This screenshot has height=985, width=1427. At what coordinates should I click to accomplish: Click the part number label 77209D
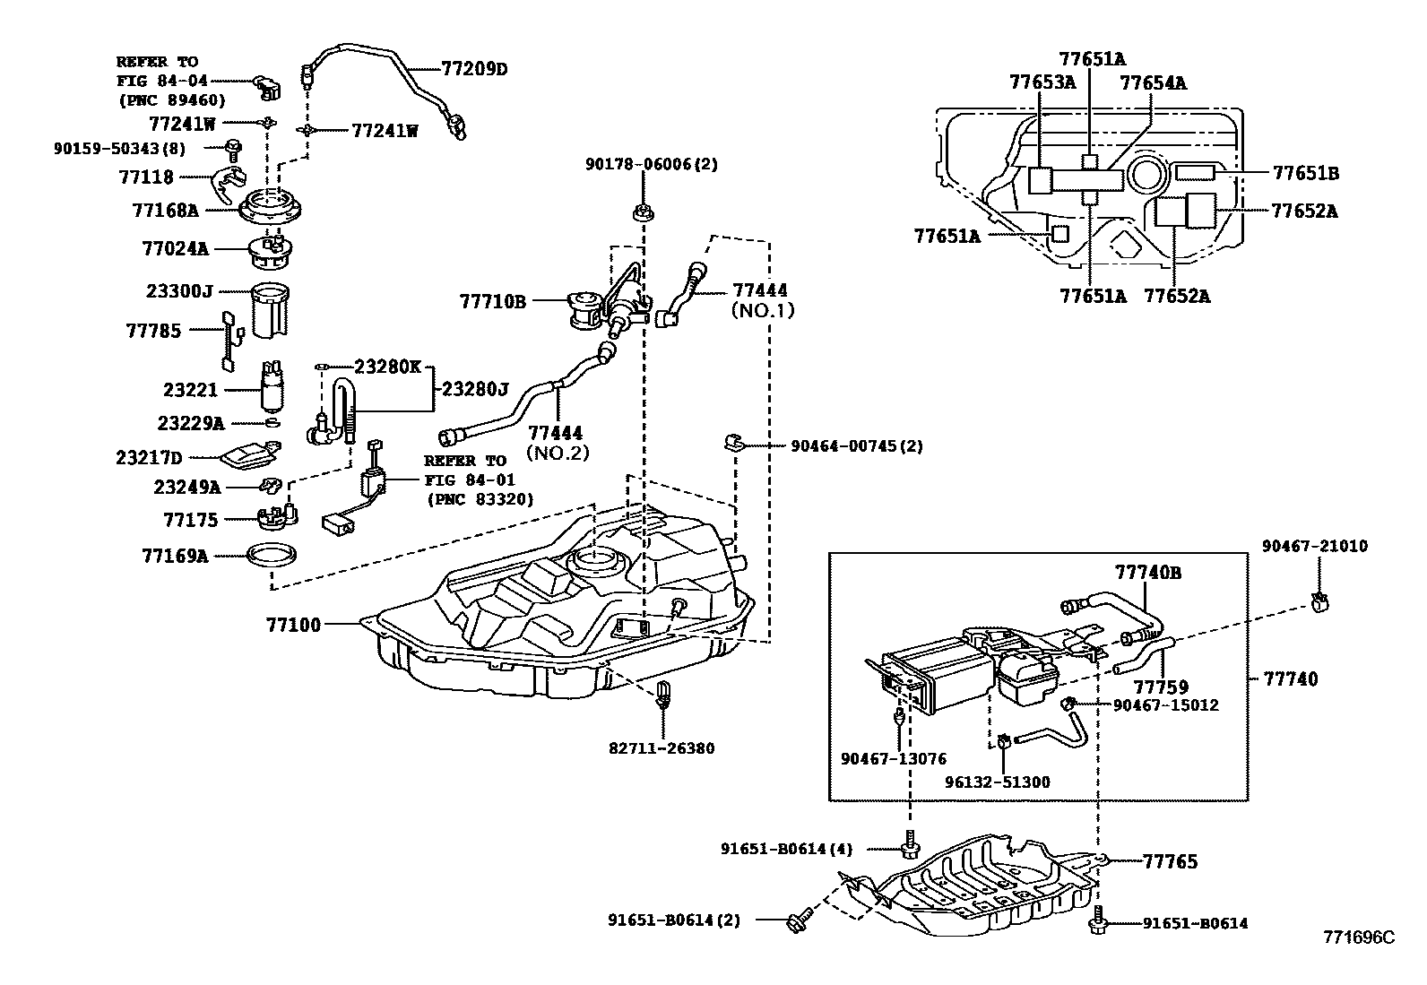coord(474,68)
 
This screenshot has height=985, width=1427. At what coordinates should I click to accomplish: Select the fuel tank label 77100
coord(292,624)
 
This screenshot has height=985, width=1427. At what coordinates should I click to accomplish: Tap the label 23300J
coord(179,291)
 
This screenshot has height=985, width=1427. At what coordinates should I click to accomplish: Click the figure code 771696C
coord(1359,937)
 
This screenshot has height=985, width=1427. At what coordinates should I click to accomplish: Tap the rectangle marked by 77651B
coord(1195,171)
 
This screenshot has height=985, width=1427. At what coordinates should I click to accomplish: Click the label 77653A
coord(1042,82)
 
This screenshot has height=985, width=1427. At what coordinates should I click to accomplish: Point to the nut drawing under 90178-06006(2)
coord(643,213)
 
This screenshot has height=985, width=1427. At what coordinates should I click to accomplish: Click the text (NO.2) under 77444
coord(557,453)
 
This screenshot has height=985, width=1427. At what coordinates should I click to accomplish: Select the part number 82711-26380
coord(661,747)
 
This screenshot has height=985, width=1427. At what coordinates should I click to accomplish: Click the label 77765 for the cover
coord(1170,861)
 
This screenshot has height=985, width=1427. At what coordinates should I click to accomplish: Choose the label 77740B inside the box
coord(1147,572)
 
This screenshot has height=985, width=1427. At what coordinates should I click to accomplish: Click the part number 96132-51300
coord(997,782)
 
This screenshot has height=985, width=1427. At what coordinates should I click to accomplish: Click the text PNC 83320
coord(480,499)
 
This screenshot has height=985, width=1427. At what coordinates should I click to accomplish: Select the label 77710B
coord(492,301)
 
